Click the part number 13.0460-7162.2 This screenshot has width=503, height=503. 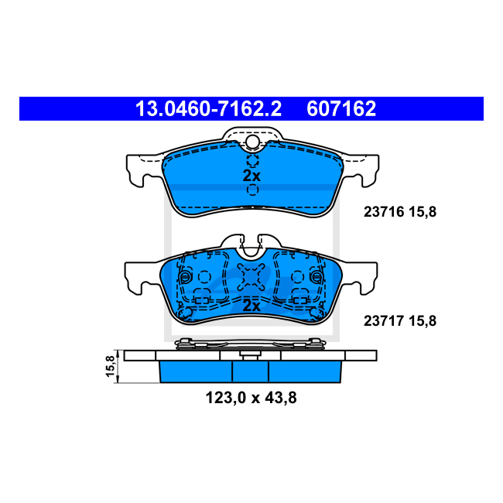[208, 108]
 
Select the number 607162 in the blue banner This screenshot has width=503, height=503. [341, 108]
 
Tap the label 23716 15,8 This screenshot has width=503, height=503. [400, 212]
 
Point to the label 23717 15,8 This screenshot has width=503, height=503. [400, 321]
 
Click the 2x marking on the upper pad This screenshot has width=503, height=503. [251, 176]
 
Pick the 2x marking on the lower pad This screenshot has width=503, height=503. [251, 306]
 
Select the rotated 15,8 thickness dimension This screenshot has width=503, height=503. [110, 366]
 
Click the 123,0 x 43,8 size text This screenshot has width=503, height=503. [251, 398]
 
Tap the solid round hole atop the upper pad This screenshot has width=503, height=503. [252, 142]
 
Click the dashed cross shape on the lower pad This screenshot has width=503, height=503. [251, 277]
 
